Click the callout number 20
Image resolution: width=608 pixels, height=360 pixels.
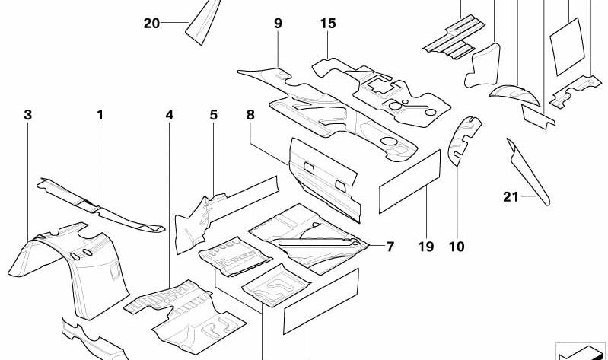pos(151,24)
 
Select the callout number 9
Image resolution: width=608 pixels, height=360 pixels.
pos(278,24)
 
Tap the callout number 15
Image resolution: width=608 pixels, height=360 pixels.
pos(327,24)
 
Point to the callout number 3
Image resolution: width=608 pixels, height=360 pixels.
pos(27,115)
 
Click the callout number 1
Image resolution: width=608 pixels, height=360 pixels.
pos(99,115)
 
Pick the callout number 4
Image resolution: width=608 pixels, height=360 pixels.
pos(169,115)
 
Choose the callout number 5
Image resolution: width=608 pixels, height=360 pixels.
pos(214,115)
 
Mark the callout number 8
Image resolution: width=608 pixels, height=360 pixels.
pos(250,115)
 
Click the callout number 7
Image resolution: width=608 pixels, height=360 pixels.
pos(390,247)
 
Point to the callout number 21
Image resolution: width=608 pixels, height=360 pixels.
pos(511,198)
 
